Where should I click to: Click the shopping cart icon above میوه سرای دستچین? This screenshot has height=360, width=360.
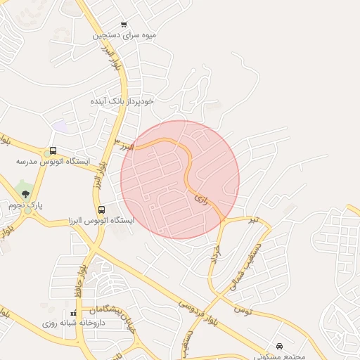(124, 25)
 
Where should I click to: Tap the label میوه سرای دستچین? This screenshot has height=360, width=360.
(125, 34)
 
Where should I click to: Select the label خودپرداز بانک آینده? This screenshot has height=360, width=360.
(122, 101)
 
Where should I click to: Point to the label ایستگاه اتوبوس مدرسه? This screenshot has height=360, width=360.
(53, 162)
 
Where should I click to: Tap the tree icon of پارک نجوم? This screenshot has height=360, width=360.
(25, 194)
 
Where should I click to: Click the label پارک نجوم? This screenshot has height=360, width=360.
(26, 205)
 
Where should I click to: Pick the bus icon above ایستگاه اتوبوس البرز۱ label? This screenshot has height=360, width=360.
(102, 210)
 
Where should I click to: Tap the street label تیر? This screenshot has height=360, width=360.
(254, 220)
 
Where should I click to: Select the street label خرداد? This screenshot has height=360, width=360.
(215, 254)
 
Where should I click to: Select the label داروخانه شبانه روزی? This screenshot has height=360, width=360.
(73, 323)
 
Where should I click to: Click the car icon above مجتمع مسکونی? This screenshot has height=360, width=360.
(280, 346)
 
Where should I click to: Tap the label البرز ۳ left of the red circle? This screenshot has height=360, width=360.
(124, 146)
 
